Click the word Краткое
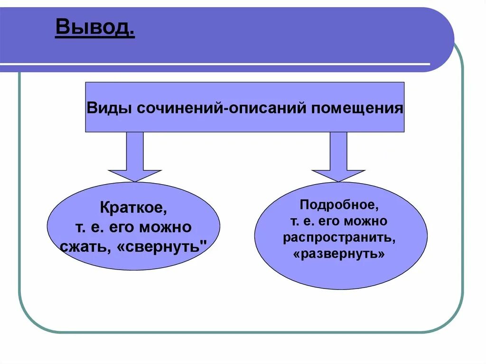point(133,208)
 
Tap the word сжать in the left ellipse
point(84,247)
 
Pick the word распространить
point(339,237)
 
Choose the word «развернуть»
point(339,253)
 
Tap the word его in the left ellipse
point(122,227)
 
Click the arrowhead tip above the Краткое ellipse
point(135,180)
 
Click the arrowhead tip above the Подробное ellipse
point(338,180)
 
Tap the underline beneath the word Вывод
point(94,37)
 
